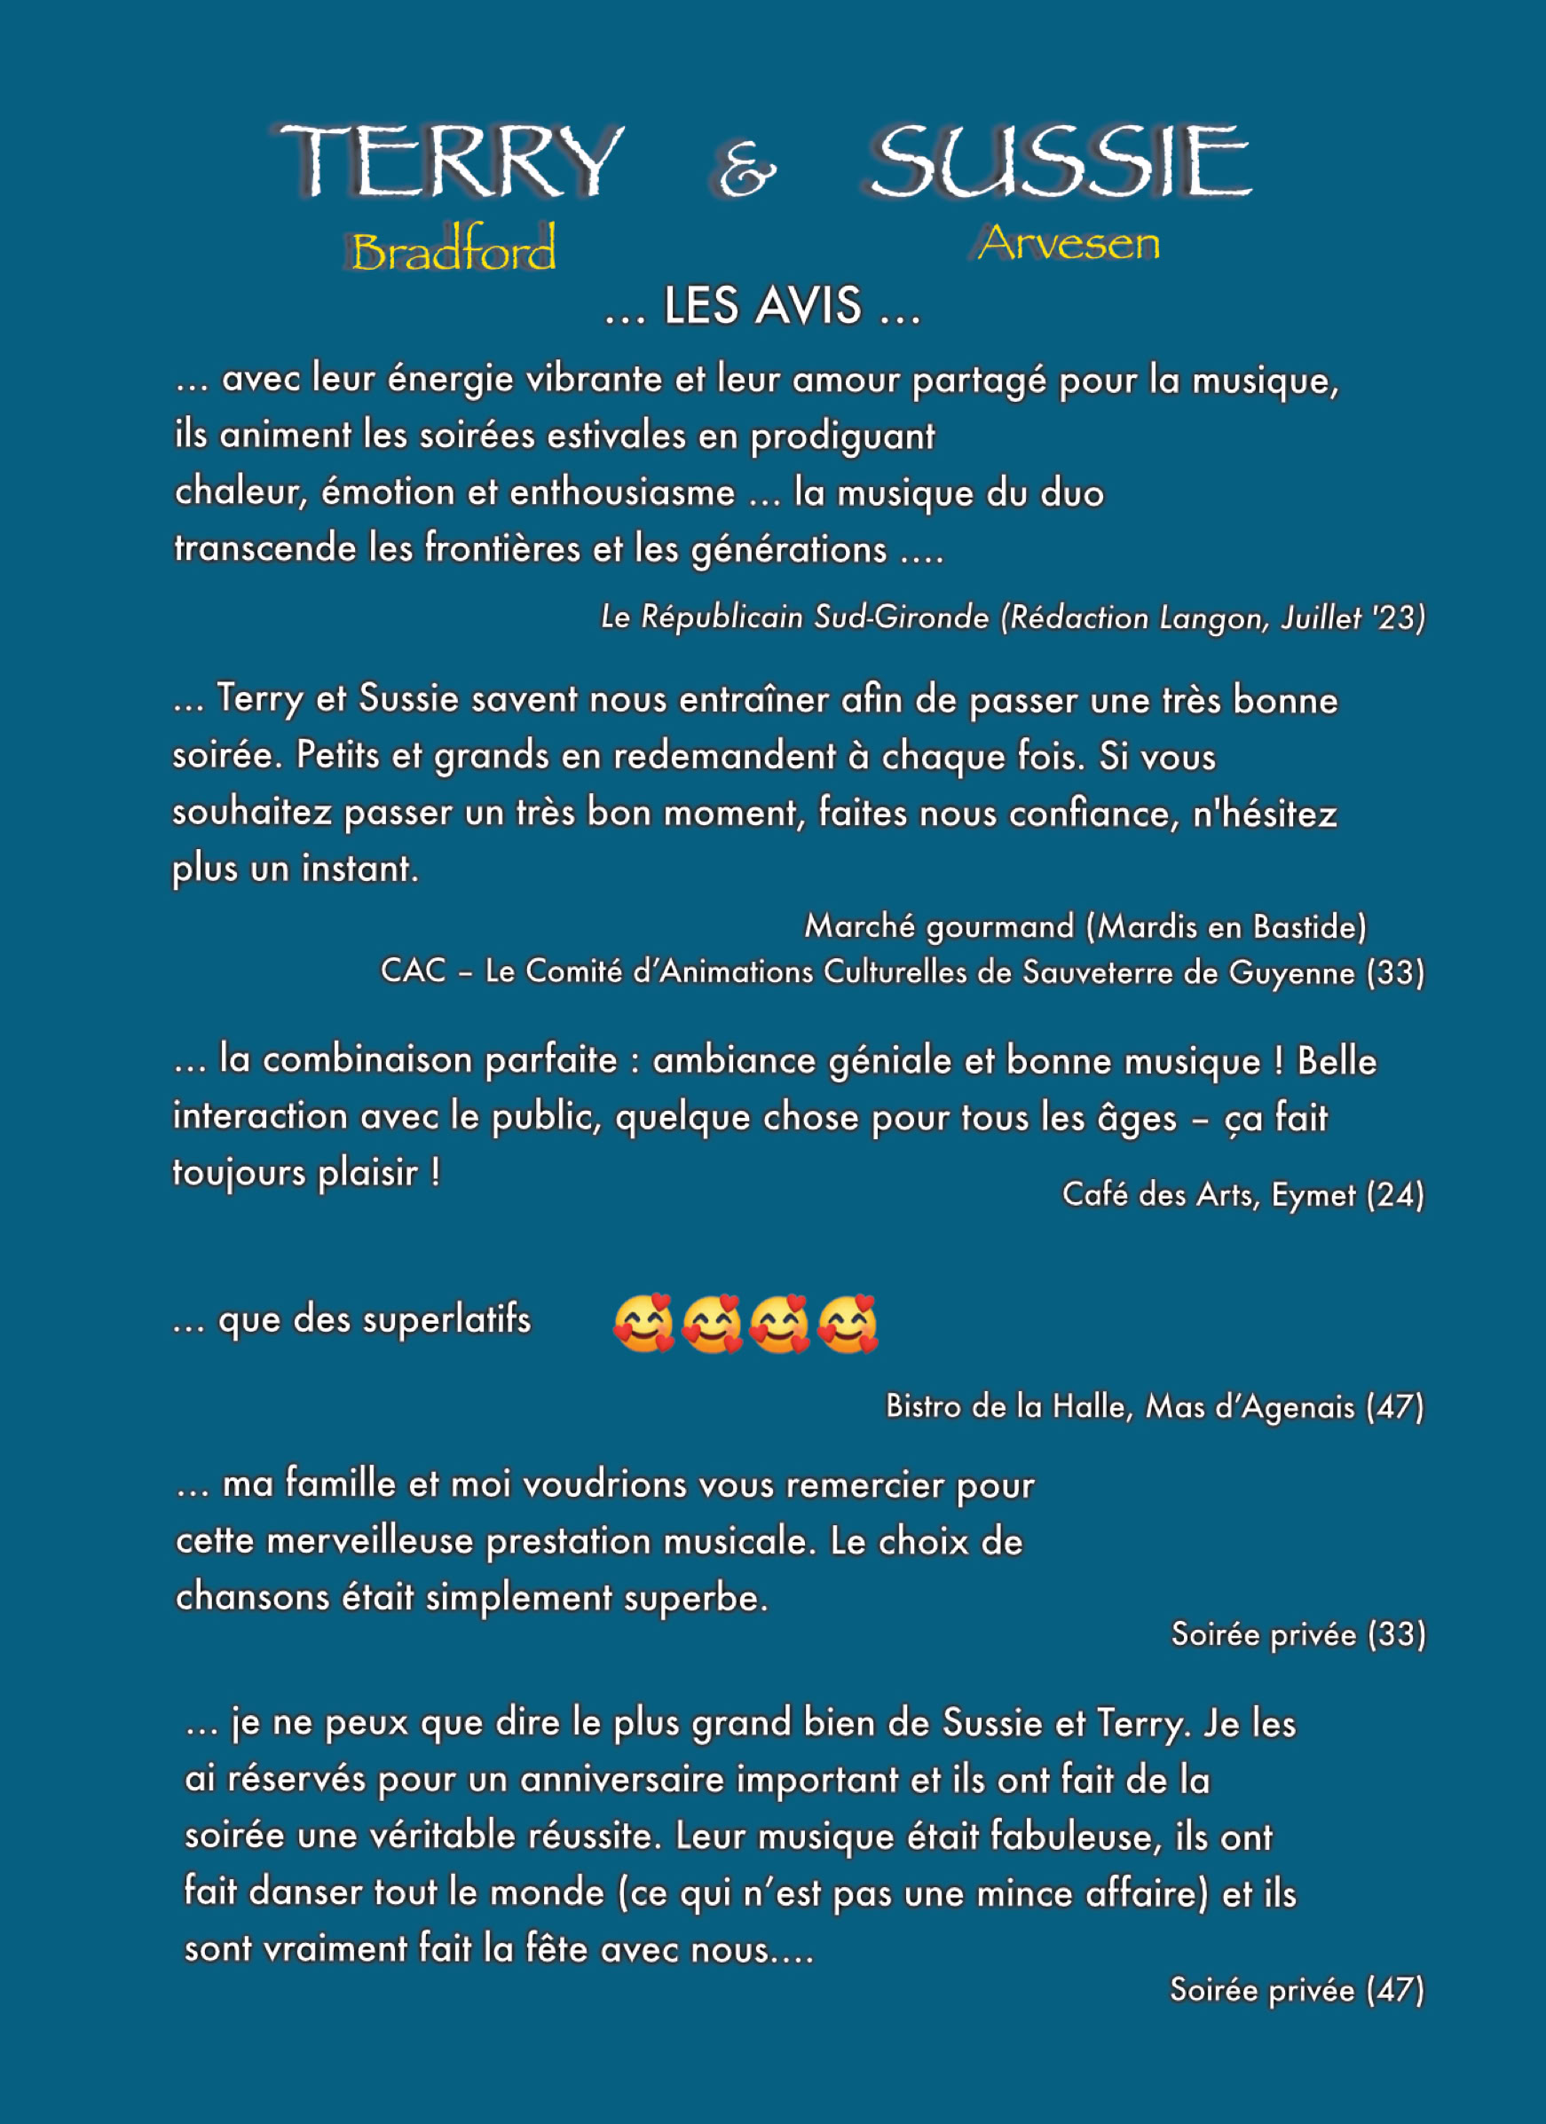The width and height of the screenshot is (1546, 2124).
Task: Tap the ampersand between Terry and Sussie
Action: click(x=746, y=169)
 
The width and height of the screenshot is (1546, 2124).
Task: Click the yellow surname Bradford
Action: click(x=454, y=249)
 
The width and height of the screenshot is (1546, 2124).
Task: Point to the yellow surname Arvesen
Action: click(x=1069, y=243)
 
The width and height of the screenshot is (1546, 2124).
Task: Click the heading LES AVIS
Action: click(x=761, y=306)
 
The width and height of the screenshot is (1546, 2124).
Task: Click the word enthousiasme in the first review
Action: click(x=622, y=492)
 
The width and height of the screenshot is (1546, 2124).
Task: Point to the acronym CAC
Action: click(x=414, y=971)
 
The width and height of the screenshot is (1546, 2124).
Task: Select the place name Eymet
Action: click(x=1313, y=1195)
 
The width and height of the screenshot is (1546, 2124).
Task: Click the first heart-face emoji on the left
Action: click(x=643, y=1324)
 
